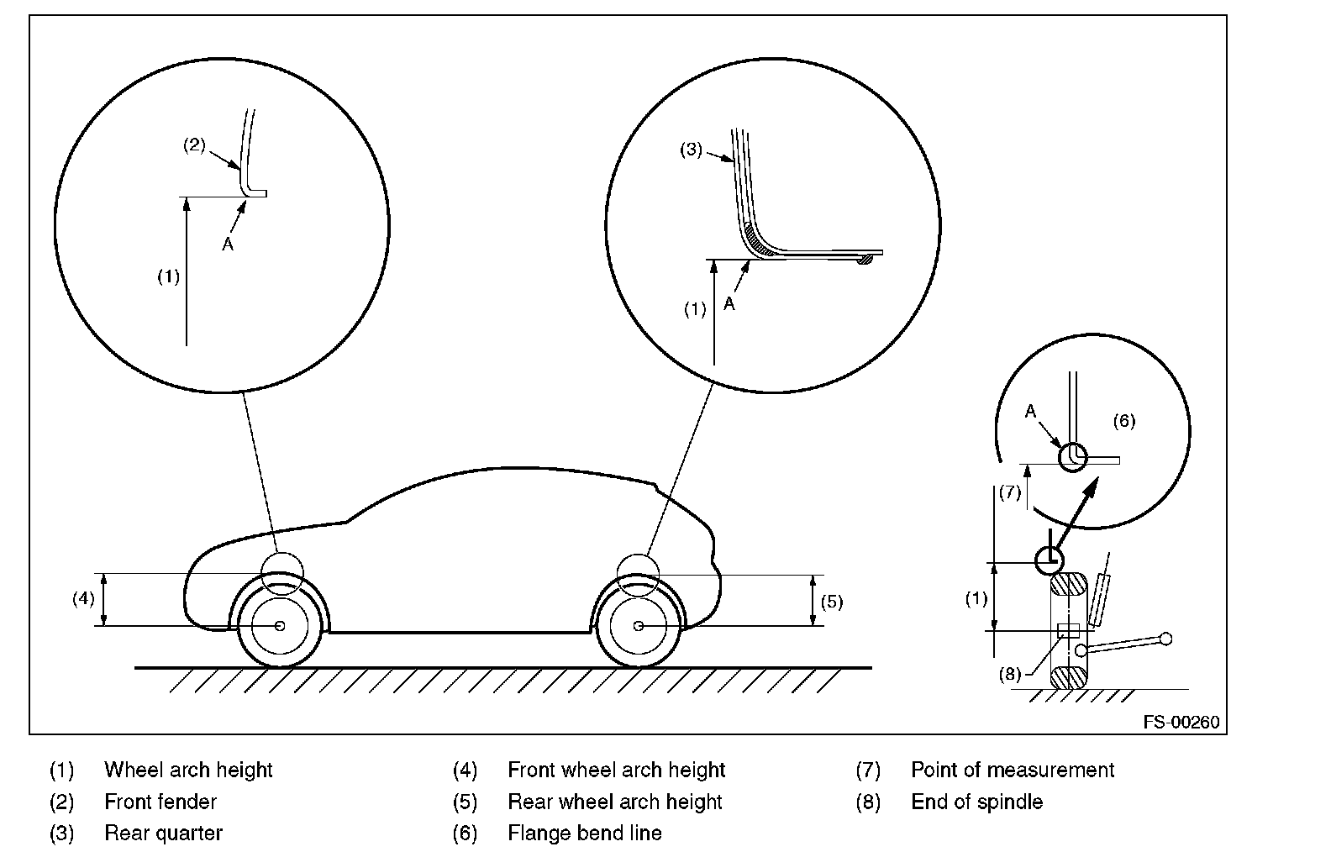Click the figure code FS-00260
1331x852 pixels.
[x=1180, y=723]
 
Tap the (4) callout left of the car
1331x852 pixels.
[x=83, y=599]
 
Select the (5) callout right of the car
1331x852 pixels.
[x=831, y=602]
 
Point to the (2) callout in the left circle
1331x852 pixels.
[x=194, y=145]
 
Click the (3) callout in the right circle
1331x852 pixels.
[x=691, y=151]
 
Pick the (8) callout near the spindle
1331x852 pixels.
[x=1010, y=673]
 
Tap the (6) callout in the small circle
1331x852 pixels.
[x=1123, y=421]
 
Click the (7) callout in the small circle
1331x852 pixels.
[x=1010, y=492]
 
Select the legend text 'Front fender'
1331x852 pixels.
[x=160, y=802]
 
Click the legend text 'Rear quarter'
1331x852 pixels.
[x=163, y=834]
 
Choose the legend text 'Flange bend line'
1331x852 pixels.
[x=585, y=834]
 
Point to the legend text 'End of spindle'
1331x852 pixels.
[x=976, y=802]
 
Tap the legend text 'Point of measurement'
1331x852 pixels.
[x=1013, y=770]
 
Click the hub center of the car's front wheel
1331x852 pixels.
[x=280, y=626]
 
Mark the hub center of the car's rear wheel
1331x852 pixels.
[x=639, y=626]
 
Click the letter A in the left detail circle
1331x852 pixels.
[x=227, y=245]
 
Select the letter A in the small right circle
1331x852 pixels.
[x=1030, y=412]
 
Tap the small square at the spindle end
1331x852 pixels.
[x=1068, y=631]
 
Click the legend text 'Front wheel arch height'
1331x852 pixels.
[x=616, y=770]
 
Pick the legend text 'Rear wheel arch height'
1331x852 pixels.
[x=614, y=802]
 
